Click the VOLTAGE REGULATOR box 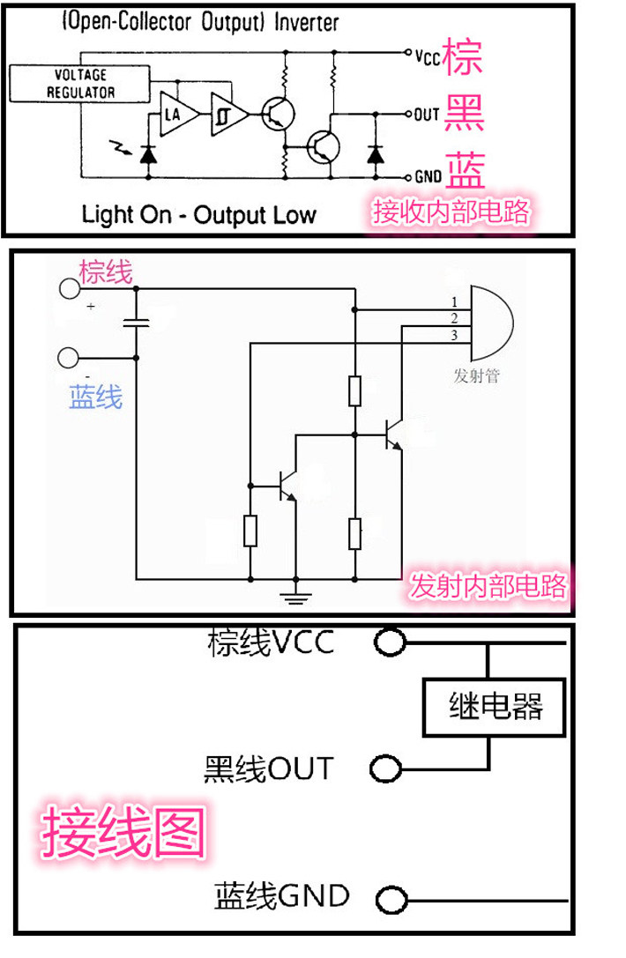(79, 84)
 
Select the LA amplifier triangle (177, 114)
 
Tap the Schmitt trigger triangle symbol (227, 114)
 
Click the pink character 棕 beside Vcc (463, 56)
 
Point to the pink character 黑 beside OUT (464, 114)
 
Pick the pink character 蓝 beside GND (466, 170)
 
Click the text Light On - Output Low (198, 215)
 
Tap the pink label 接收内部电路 (451, 212)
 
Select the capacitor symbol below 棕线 (136, 323)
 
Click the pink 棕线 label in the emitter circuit (105, 271)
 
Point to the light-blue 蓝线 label (96, 397)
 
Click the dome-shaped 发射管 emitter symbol (491, 323)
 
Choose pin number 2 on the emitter (454, 317)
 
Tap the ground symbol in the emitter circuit (296, 597)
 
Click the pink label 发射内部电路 (488, 585)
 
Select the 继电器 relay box (494, 706)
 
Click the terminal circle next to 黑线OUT (386, 768)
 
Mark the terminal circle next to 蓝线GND (391, 900)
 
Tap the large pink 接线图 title (123, 831)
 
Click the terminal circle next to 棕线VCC (390, 642)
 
